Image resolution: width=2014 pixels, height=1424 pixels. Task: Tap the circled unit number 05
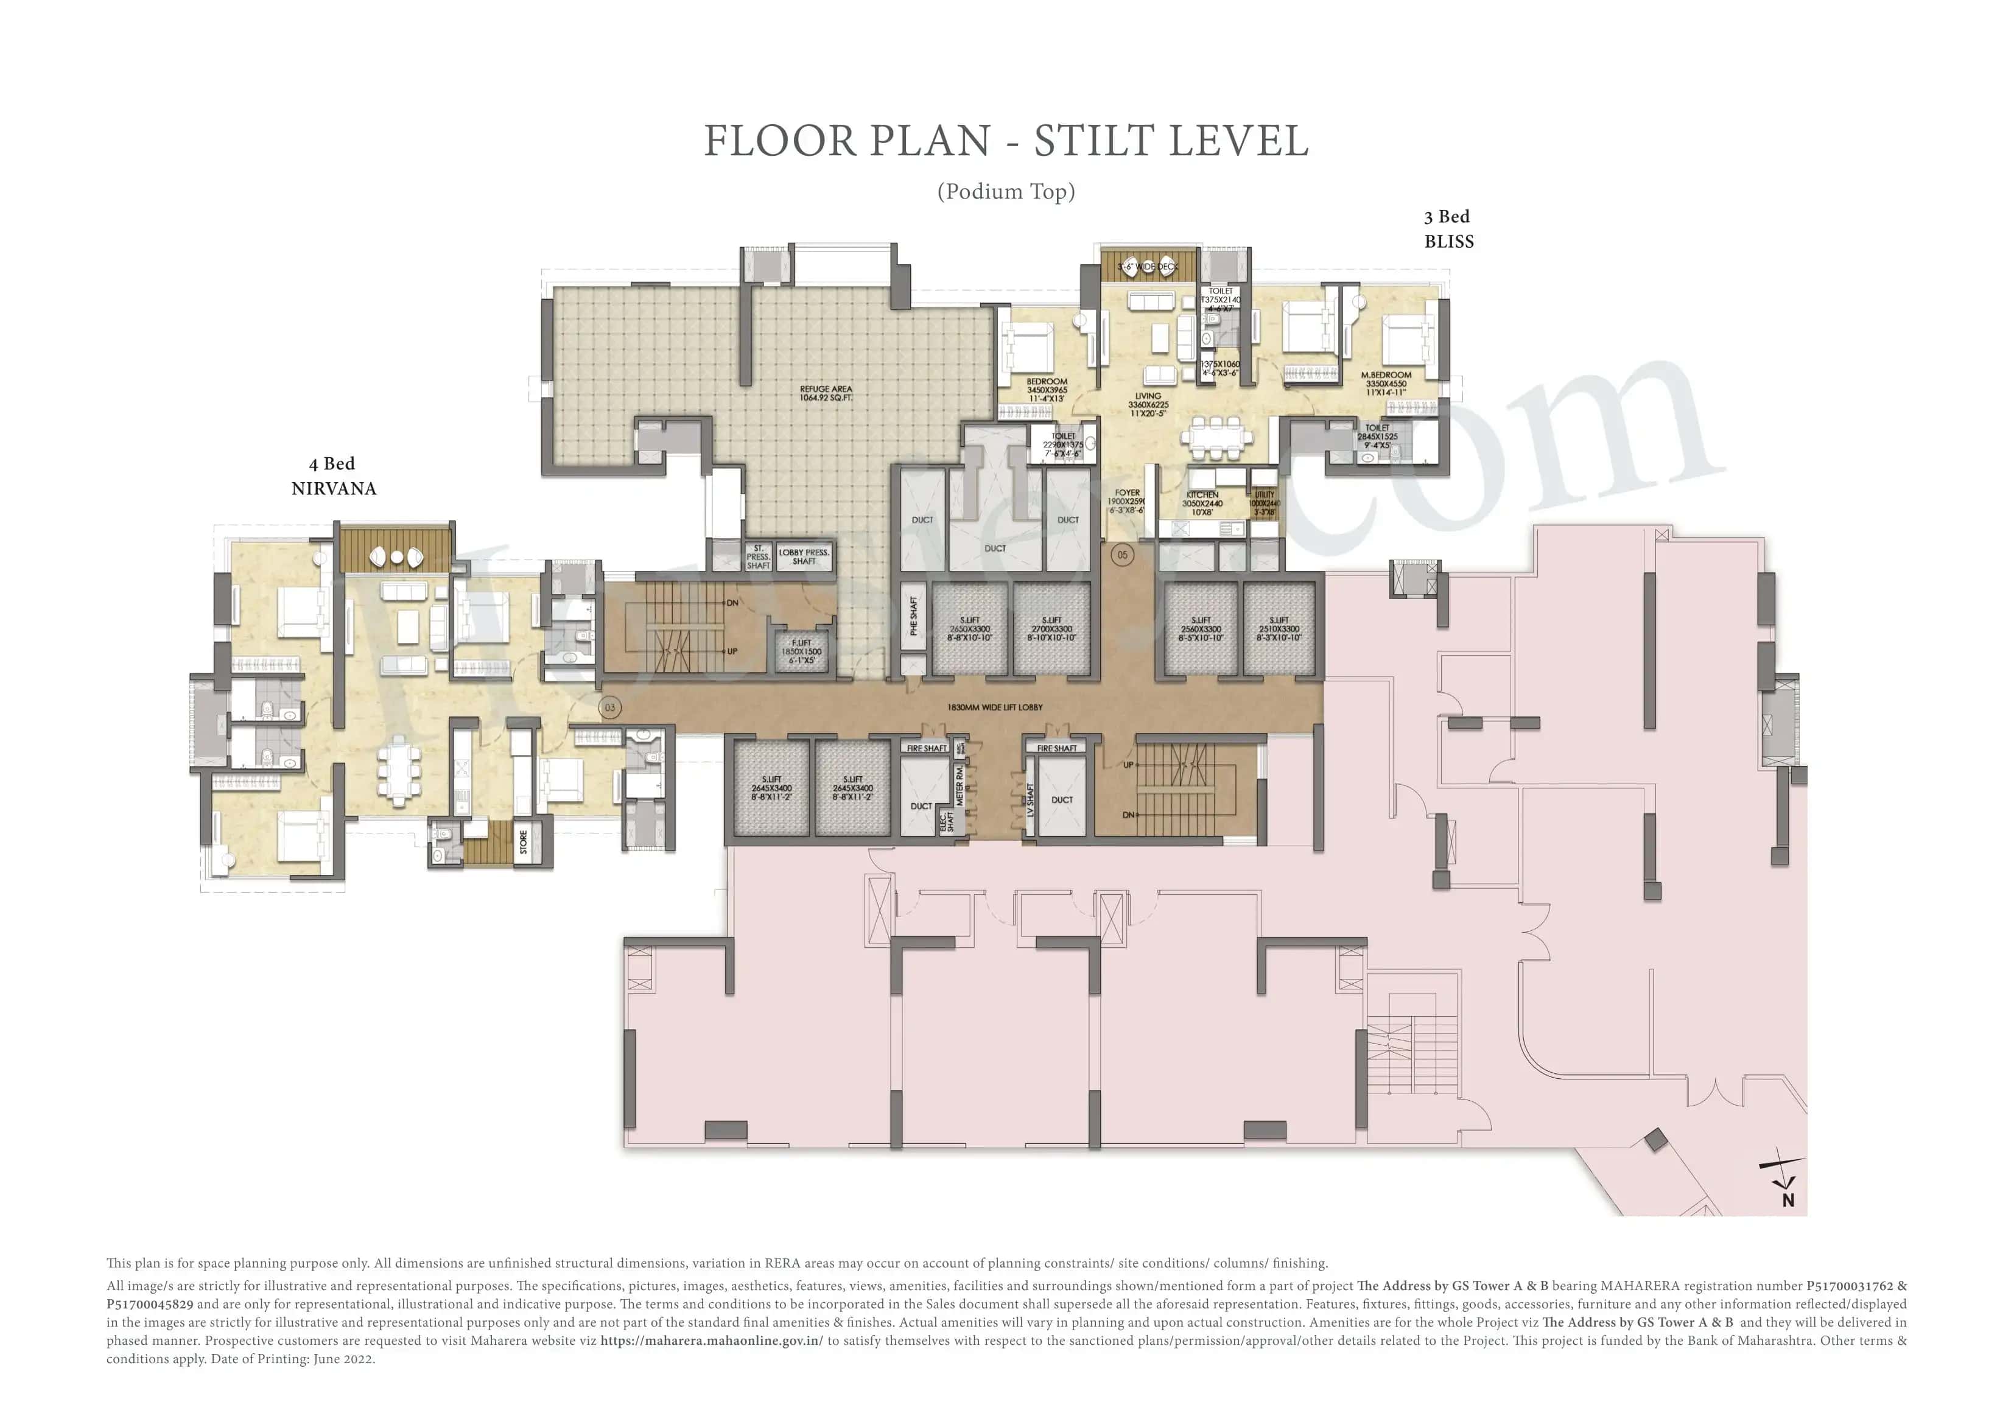pyautogui.click(x=1122, y=555)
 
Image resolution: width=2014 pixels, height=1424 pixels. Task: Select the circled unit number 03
pyautogui.click(x=609, y=707)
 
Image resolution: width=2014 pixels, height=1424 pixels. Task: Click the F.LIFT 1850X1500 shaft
pyautogui.click(x=801, y=651)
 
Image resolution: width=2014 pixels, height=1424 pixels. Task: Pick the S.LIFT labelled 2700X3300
pyautogui.click(x=1051, y=629)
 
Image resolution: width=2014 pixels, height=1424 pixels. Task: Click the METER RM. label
pyautogui.click(x=960, y=784)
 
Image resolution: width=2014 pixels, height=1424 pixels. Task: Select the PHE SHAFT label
pyautogui.click(x=913, y=616)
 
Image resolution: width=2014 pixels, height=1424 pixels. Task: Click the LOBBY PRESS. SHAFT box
pyautogui.click(x=804, y=557)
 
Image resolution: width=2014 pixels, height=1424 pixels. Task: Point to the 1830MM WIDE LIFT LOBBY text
pyautogui.click(x=995, y=707)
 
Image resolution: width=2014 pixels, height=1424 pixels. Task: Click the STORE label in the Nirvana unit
pyautogui.click(x=524, y=843)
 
